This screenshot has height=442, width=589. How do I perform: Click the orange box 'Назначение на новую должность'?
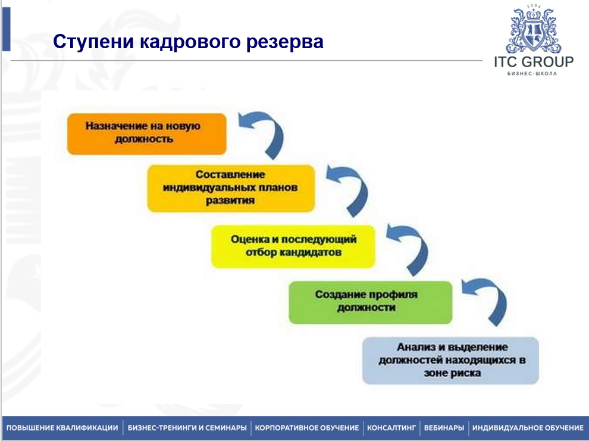pyautogui.click(x=147, y=134)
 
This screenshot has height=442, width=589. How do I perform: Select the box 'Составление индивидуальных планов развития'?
pyautogui.click(x=231, y=188)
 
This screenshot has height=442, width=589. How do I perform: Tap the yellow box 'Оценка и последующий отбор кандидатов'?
pyautogui.click(x=293, y=246)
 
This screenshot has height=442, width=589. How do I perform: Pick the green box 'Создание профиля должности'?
pyautogui.click(x=371, y=302)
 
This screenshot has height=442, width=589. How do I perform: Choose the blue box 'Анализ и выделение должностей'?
pyautogui.click(x=450, y=361)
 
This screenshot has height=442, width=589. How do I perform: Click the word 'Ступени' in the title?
pyautogui.click(x=93, y=41)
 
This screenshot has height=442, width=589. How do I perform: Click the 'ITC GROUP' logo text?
pyautogui.click(x=534, y=62)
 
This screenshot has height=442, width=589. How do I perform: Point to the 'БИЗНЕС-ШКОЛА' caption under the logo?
pyautogui.click(x=532, y=74)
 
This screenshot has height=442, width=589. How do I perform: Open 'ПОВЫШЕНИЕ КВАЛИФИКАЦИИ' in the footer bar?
pyautogui.click(x=62, y=428)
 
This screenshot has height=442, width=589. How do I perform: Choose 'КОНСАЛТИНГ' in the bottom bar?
pyautogui.click(x=391, y=428)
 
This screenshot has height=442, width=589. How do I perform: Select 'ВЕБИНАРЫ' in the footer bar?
pyautogui.click(x=444, y=428)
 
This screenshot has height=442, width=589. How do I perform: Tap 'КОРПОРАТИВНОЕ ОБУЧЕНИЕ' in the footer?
pyautogui.click(x=307, y=428)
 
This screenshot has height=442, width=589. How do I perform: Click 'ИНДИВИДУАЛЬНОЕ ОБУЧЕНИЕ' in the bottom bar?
pyautogui.click(x=528, y=428)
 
